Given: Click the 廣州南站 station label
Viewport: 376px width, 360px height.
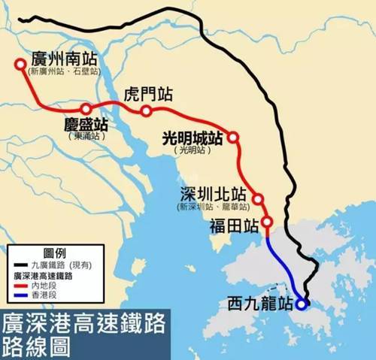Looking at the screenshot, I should [65, 59].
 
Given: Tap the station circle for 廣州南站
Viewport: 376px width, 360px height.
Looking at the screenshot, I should [20, 65].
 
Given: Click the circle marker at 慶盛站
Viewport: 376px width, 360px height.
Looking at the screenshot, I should [86, 109].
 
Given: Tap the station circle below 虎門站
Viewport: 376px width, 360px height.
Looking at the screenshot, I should [146, 111].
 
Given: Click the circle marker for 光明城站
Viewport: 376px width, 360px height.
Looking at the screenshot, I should [233, 138].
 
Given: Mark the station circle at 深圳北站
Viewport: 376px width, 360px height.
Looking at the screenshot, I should [258, 199].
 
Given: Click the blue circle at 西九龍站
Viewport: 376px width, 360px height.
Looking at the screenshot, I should [302, 304].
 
